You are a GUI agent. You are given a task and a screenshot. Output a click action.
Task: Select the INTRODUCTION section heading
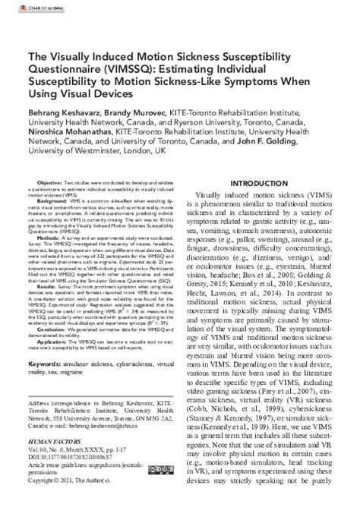(x=259, y=184)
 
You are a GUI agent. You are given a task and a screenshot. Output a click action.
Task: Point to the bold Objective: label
(x=50, y=184)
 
